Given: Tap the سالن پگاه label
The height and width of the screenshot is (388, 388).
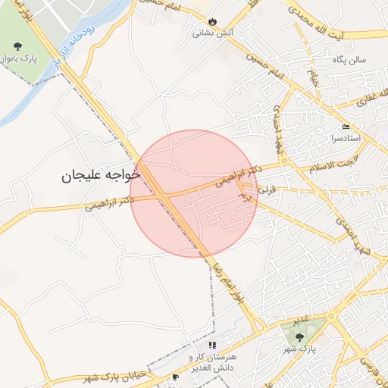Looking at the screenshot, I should (x=351, y=58).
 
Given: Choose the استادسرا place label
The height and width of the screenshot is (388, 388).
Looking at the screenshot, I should (x=346, y=139).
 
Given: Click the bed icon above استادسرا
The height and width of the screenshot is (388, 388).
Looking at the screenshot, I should (x=346, y=127).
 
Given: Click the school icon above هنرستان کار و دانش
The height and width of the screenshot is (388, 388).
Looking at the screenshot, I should (x=212, y=345).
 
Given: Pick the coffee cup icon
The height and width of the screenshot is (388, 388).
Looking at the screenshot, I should (x=176, y=377).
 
